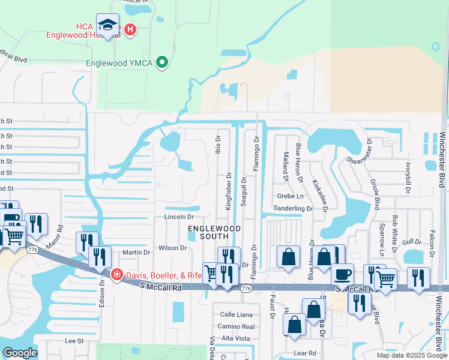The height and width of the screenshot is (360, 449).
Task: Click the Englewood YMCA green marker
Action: point(161,62)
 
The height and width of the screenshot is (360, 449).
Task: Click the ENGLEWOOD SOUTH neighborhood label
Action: point(214,233)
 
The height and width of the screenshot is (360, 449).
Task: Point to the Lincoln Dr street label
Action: point(179,217)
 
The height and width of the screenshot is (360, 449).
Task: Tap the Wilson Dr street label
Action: point(173,248)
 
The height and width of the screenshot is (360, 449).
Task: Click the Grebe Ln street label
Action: point(291,196)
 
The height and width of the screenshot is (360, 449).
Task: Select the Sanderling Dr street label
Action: point(294,208)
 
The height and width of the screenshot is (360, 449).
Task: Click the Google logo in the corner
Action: point(20,353)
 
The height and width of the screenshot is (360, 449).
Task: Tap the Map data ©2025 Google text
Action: point(412,355)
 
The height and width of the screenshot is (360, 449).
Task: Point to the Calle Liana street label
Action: point(236,314)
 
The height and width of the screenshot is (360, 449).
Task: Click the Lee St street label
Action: point(74,340)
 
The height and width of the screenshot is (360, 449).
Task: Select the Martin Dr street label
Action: point(136,253)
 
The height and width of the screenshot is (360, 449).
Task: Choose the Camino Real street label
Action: point(236,326)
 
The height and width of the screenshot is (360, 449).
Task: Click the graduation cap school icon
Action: point(107,25)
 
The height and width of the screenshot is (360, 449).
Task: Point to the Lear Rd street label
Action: point(304,353)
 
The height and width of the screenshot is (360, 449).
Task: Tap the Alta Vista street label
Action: point(235,338)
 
